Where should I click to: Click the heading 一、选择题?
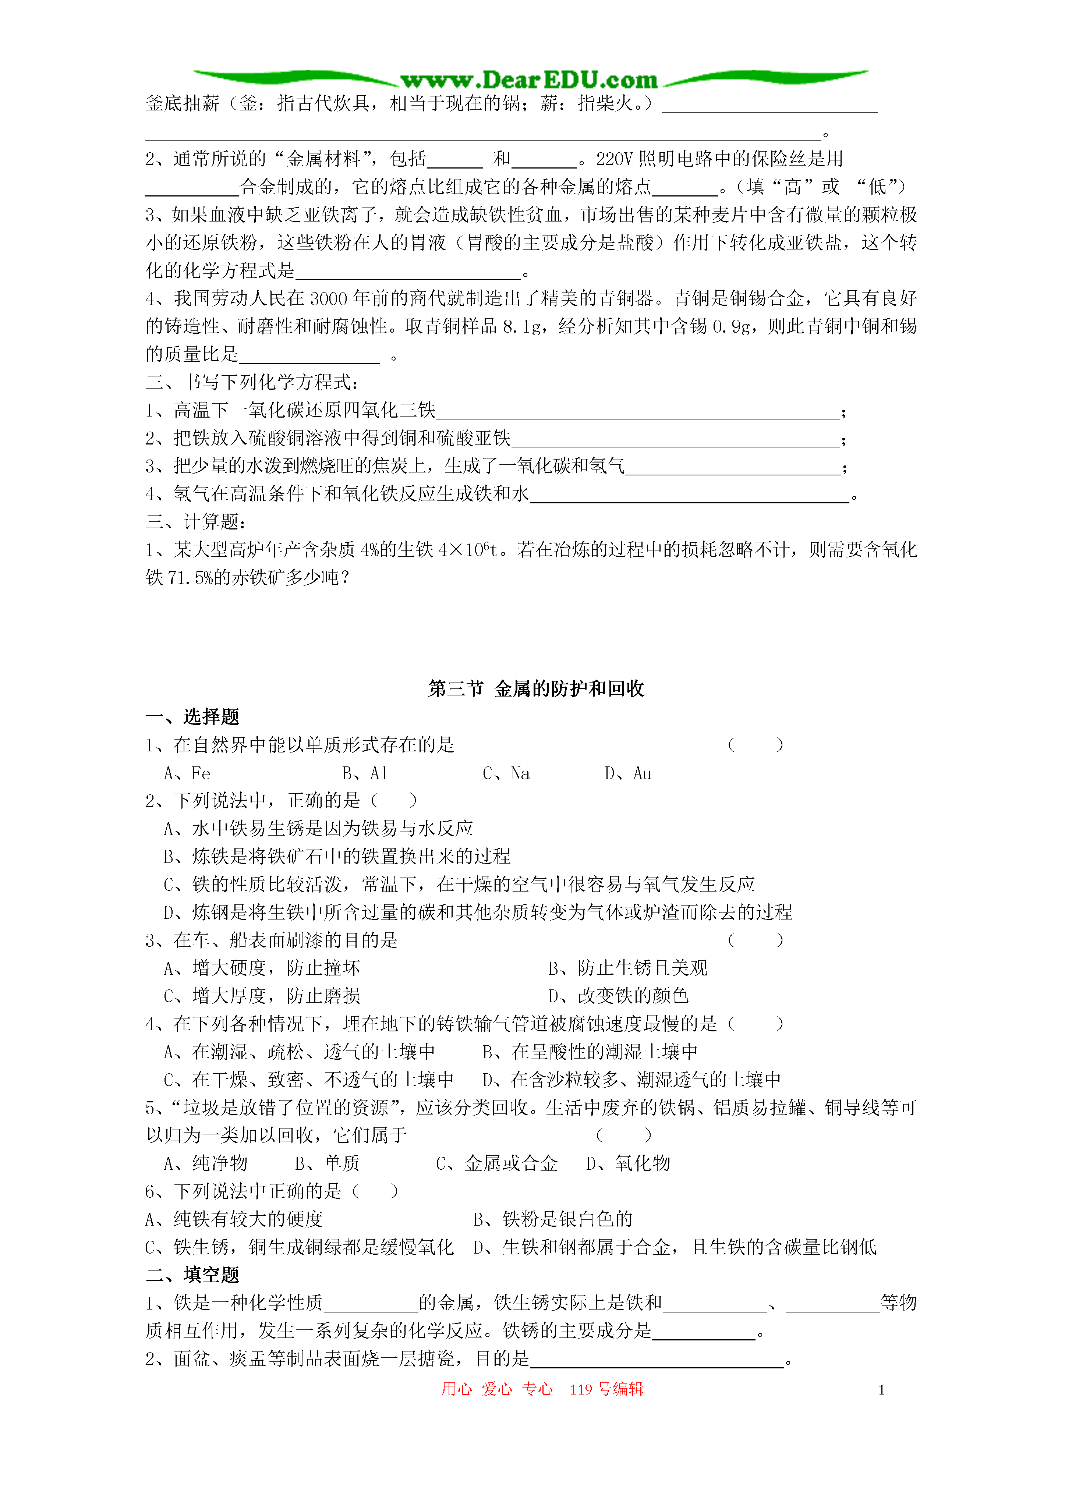click(192, 716)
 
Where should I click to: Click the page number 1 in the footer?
click(881, 1390)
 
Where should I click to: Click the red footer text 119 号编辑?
click(606, 1389)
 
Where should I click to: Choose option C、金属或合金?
click(497, 1163)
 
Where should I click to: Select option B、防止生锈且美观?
click(628, 968)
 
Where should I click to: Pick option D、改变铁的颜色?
click(618, 996)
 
